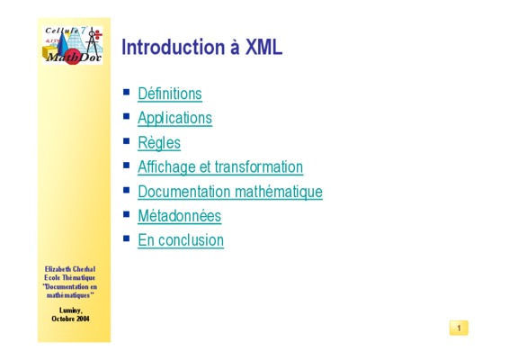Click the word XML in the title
(x=263, y=47)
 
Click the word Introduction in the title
(x=174, y=47)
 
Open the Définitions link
(x=170, y=94)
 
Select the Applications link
(x=175, y=119)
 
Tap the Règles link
(x=159, y=143)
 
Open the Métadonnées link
(x=180, y=216)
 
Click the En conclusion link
(x=181, y=240)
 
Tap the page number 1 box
(x=459, y=328)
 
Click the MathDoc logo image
(x=73, y=45)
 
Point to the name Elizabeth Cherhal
(x=70, y=269)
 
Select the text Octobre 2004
(x=70, y=319)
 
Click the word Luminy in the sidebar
(x=71, y=310)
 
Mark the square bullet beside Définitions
(x=126, y=92)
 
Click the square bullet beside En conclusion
(x=126, y=238)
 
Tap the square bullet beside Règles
(x=126, y=141)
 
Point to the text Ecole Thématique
(x=70, y=278)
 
